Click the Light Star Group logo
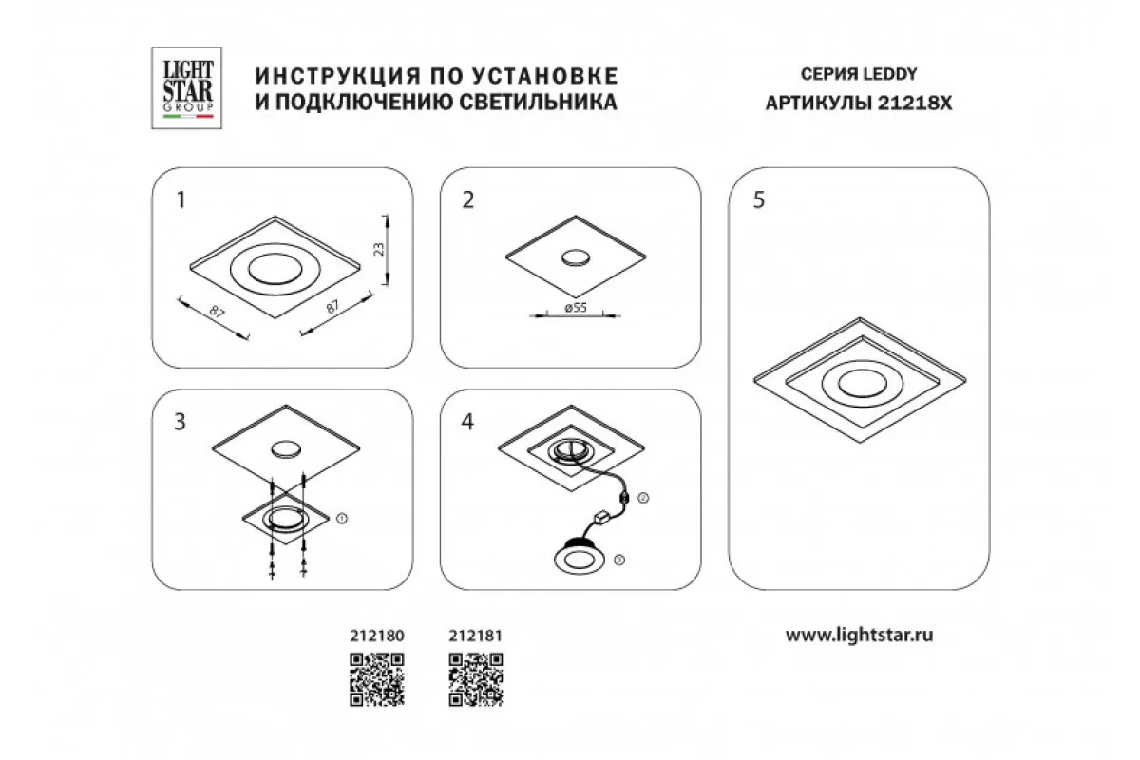pyautogui.click(x=186, y=88)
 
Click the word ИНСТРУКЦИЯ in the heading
pyautogui.click(x=338, y=76)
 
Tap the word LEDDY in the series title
pyautogui.click(x=889, y=74)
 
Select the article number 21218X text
pyautogui.click(x=915, y=104)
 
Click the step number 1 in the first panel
pyautogui.click(x=180, y=200)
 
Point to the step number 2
pyautogui.click(x=467, y=200)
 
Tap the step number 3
pyautogui.click(x=180, y=422)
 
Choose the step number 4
pyautogui.click(x=467, y=422)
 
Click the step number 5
pyautogui.click(x=759, y=200)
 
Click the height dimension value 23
pyautogui.click(x=379, y=250)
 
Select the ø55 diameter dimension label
pyautogui.click(x=576, y=308)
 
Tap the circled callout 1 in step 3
pyautogui.click(x=342, y=518)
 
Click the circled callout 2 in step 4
pyautogui.click(x=643, y=498)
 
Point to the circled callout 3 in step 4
pyautogui.click(x=618, y=560)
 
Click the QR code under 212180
pyautogui.click(x=377, y=680)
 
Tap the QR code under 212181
pyautogui.click(x=476, y=680)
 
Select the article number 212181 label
pyautogui.click(x=475, y=636)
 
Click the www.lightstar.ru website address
pyautogui.click(x=859, y=636)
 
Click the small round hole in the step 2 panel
pyautogui.click(x=576, y=257)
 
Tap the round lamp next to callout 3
pyautogui.click(x=579, y=556)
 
